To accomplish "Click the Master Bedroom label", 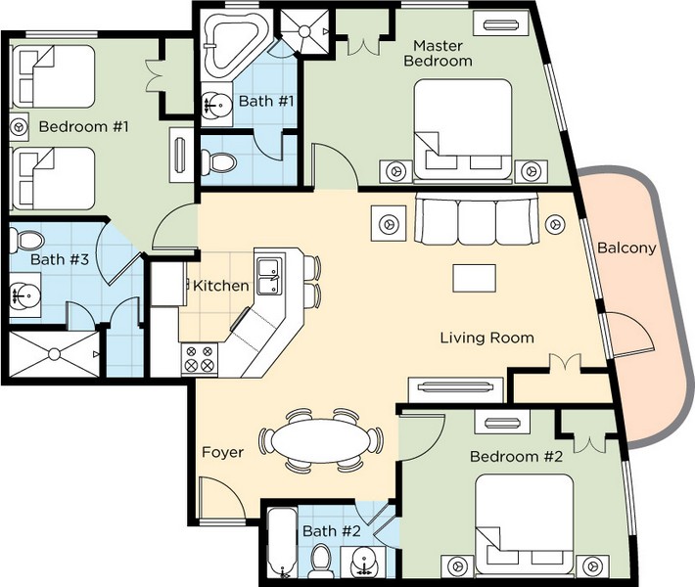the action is point(438,53).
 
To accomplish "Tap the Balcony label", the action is point(626,248).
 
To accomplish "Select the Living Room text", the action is point(486,339).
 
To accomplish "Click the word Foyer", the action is point(222,452).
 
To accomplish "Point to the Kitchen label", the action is point(221,286).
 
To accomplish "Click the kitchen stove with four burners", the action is point(200,359).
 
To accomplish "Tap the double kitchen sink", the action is point(269,277).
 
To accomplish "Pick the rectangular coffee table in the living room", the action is point(474,278).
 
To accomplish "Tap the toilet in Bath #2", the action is point(319,560).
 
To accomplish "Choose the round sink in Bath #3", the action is point(25,295).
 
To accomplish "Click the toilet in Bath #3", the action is point(26,240).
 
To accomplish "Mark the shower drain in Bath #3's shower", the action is point(54,354).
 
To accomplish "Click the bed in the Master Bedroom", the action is point(463,130).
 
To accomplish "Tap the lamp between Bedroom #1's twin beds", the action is point(19,127).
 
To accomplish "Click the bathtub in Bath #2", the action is point(282,543).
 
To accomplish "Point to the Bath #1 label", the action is point(266,101).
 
